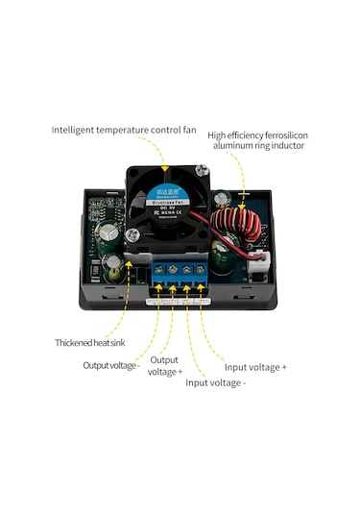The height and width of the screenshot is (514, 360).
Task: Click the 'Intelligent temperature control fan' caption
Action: (x=124, y=128)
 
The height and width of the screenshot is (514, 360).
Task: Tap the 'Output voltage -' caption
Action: (x=111, y=365)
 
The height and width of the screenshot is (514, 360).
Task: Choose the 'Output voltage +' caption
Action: (x=164, y=365)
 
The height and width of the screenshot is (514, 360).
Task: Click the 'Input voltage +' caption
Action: (x=254, y=367)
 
